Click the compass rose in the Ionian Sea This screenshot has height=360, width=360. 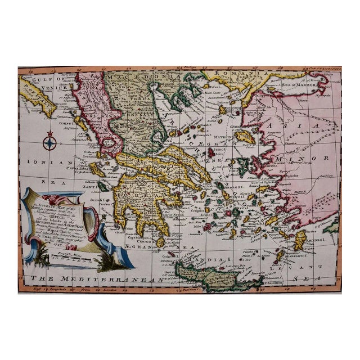click(x=49, y=141)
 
